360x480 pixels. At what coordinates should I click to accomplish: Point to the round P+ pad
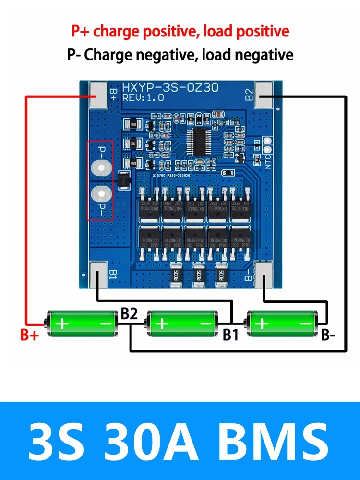[101, 166]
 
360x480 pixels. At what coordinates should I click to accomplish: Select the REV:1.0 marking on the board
[143, 97]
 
